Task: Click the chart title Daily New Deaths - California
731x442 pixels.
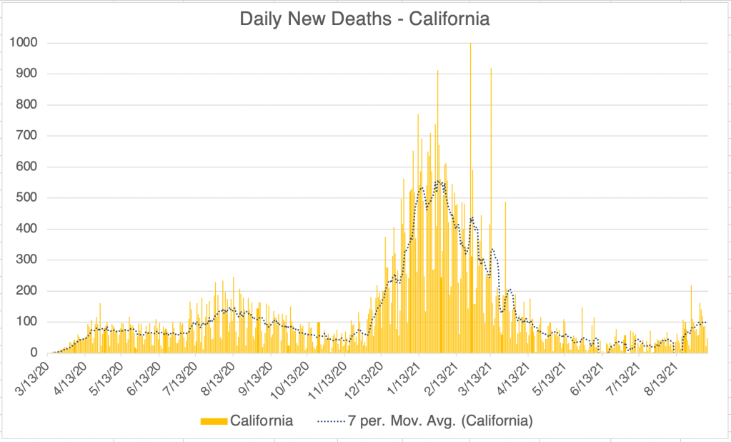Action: pyautogui.click(x=364, y=19)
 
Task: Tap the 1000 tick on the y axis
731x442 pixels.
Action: pyautogui.click(x=24, y=43)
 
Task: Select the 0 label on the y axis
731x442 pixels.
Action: pyautogui.click(x=34, y=353)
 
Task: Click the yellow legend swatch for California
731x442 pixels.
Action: pyautogui.click(x=214, y=421)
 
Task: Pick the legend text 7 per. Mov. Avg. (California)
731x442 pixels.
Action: pyautogui.click(x=439, y=421)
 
